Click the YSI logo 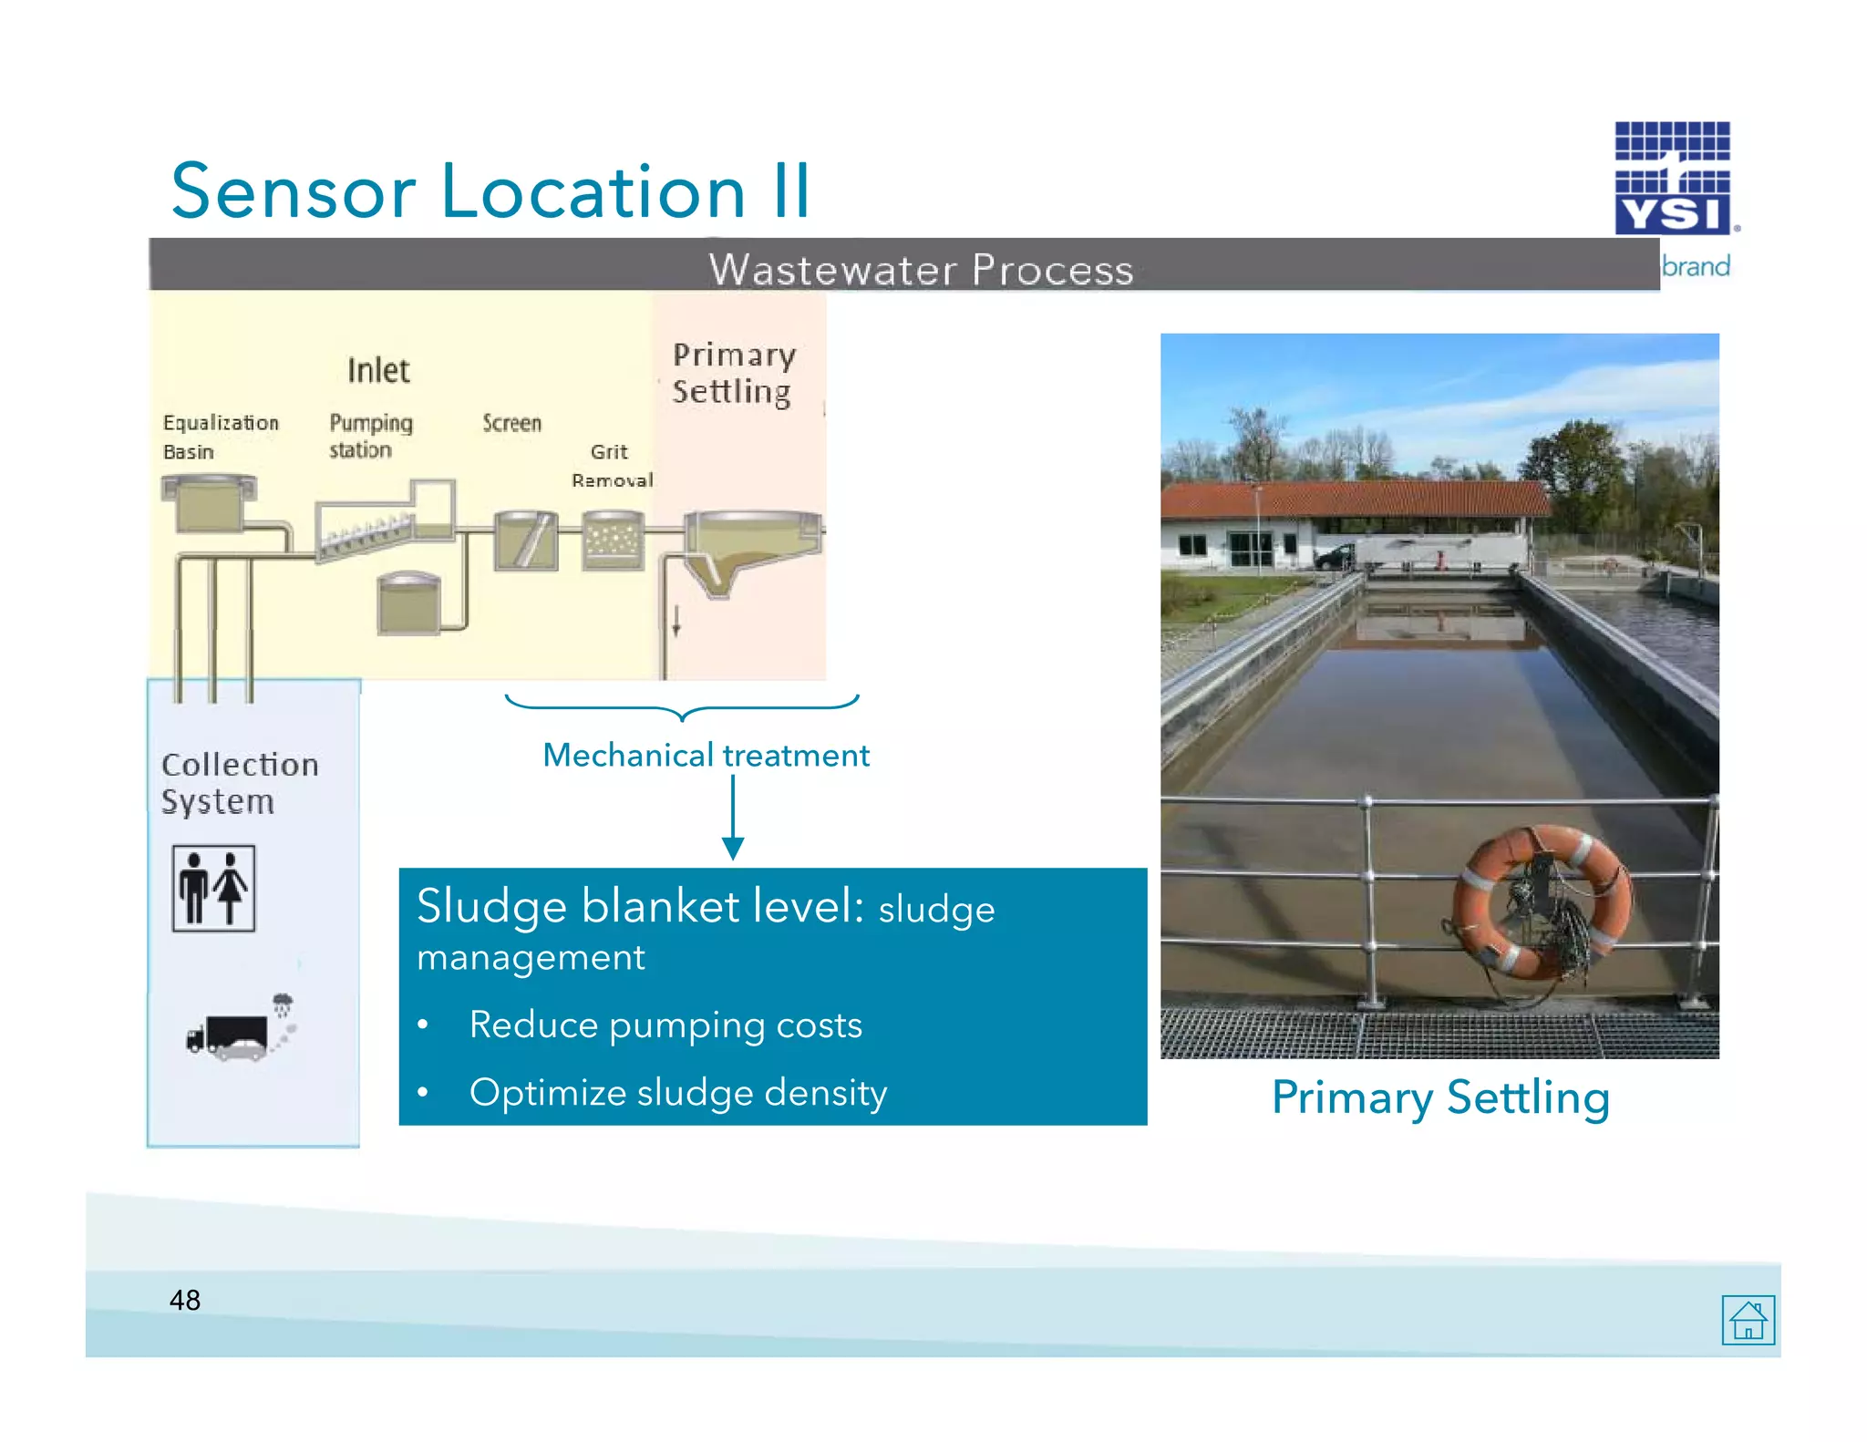[1672, 179]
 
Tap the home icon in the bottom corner [1748, 1319]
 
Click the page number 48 [184, 1300]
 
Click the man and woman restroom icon [213, 888]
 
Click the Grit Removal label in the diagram [612, 465]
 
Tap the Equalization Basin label [220, 437]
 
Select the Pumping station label [369, 436]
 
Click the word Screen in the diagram [511, 423]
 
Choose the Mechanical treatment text [706, 755]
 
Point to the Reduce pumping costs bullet [665, 1025]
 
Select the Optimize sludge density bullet [677, 1092]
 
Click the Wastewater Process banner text [921, 270]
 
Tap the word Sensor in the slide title [293, 191]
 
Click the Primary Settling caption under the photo [1439, 1097]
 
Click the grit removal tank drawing [613, 541]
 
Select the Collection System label [240, 782]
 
